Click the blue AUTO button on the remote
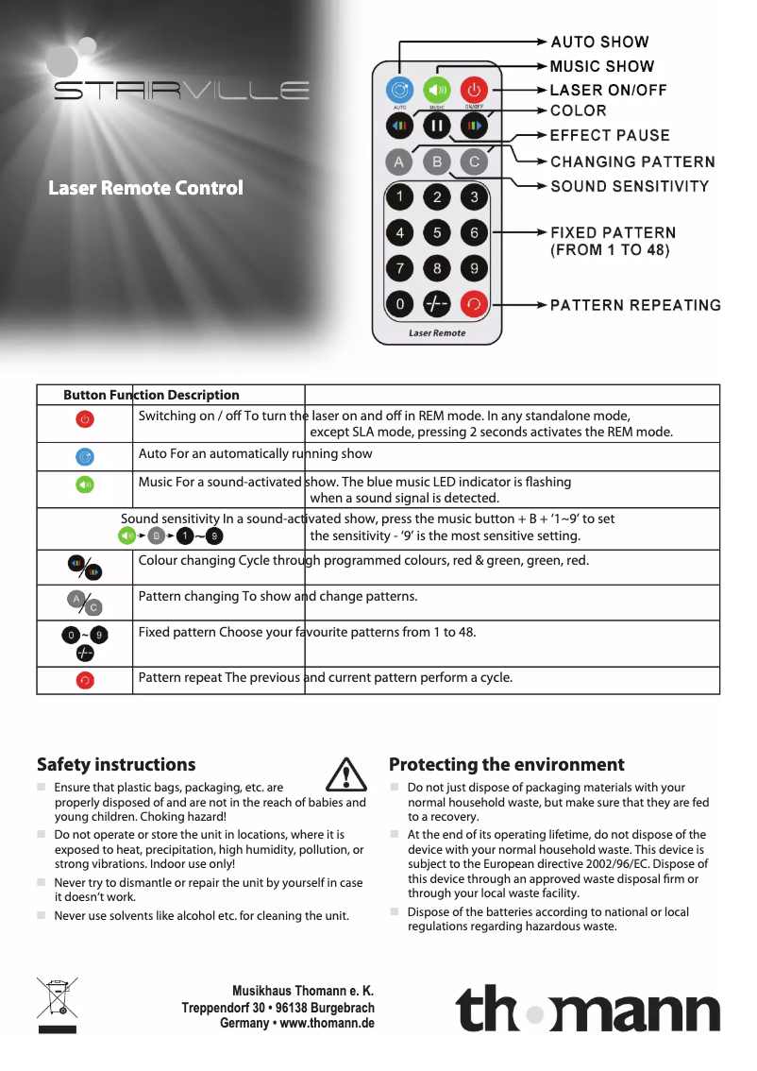[x=399, y=91]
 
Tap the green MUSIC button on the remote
[x=436, y=91]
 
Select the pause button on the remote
[x=437, y=126]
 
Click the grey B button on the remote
[x=437, y=161]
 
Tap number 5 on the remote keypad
[x=437, y=232]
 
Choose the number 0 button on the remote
[x=400, y=304]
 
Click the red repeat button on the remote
[x=474, y=304]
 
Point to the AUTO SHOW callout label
[x=599, y=42]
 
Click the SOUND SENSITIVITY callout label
[x=630, y=186]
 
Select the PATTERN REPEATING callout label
[x=635, y=305]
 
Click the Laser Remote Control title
[x=145, y=188]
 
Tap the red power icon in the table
[x=84, y=418]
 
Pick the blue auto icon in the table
[x=84, y=456]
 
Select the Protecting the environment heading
[x=506, y=764]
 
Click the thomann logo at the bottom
[x=589, y=1011]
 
